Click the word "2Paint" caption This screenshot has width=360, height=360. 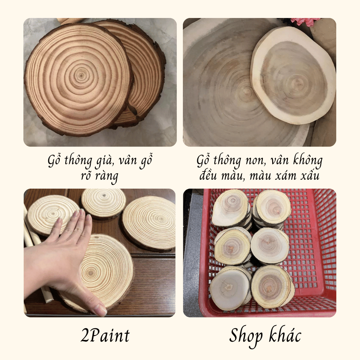(105, 336)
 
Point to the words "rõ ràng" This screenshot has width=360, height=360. (100, 176)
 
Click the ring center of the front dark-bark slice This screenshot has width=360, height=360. (81, 75)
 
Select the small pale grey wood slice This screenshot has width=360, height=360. (293, 75)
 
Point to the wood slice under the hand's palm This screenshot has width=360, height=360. (96, 273)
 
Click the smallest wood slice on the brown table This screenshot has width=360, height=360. (104, 203)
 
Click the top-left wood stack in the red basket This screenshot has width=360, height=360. (231, 208)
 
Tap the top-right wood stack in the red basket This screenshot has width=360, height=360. (272, 208)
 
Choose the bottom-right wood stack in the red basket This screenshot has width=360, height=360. (272, 287)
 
